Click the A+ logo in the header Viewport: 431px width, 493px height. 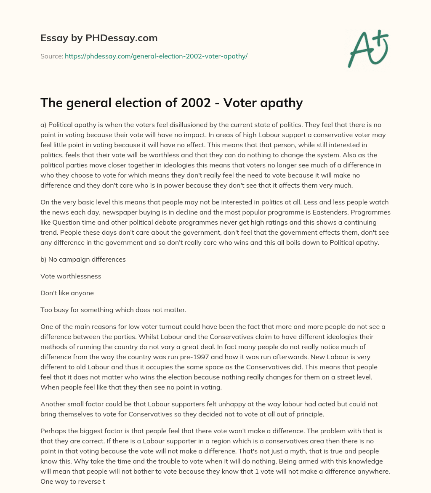[367, 49]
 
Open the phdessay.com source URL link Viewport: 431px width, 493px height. [156, 56]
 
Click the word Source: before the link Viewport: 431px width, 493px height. [51, 56]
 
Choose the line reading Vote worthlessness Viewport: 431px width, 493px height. [71, 276]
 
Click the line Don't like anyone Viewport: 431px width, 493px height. [67, 293]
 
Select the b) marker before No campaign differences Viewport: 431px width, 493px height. [44, 260]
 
